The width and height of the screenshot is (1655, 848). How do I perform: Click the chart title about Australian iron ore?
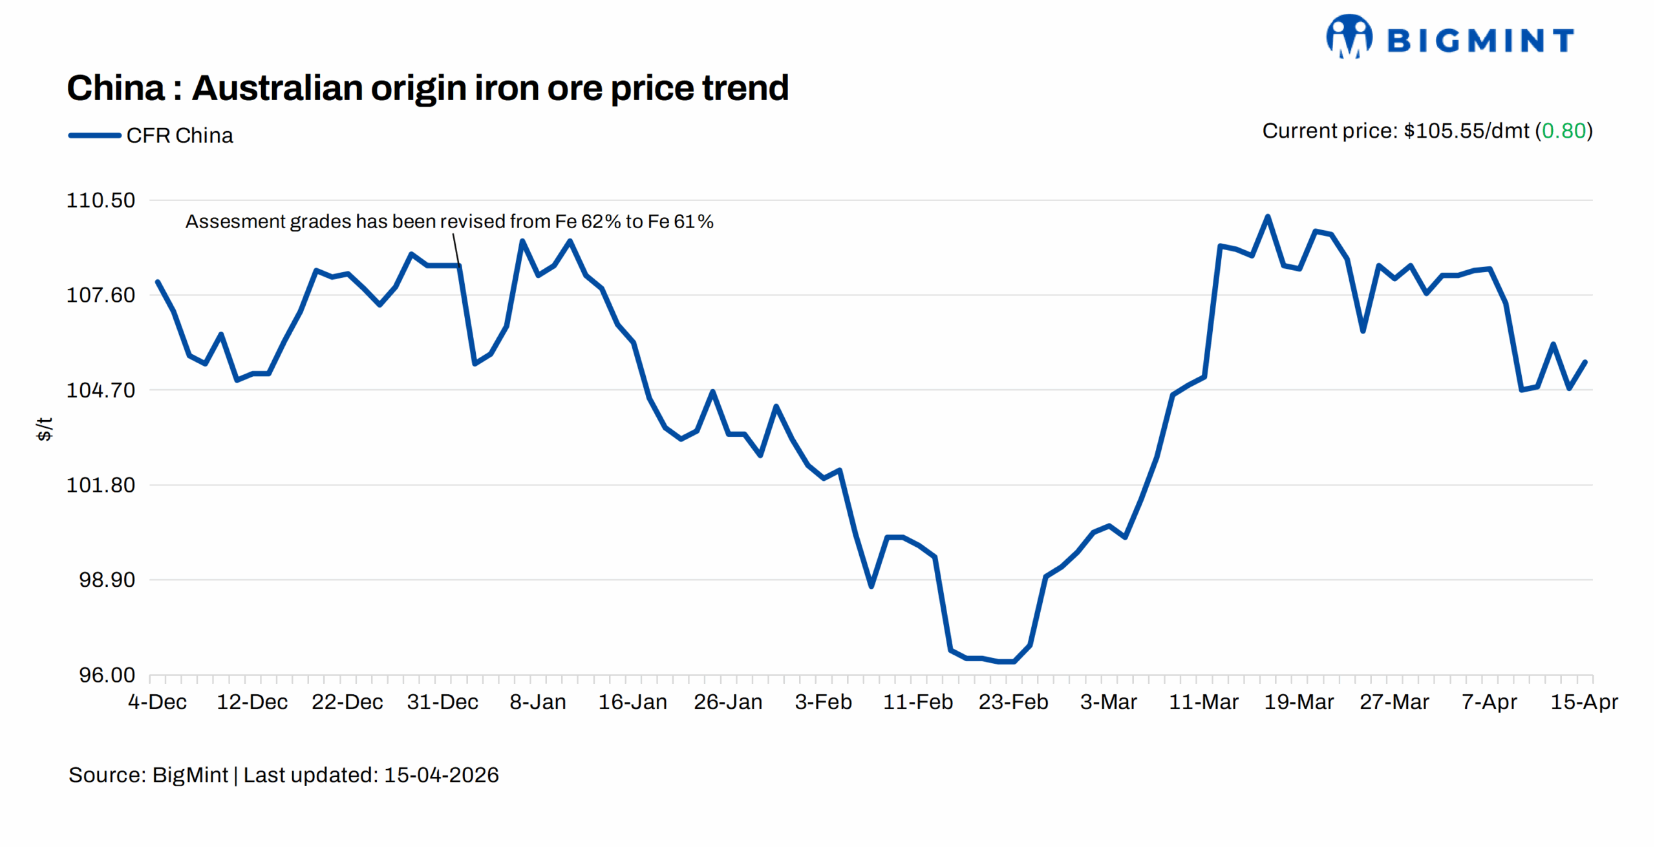click(x=427, y=88)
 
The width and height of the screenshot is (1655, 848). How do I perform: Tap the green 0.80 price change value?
click(x=1563, y=131)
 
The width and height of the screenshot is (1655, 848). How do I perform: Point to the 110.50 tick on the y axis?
click(x=101, y=200)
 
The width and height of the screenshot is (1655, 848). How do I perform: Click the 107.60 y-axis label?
click(x=101, y=295)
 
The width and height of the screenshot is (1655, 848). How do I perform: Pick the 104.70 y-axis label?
click(x=101, y=390)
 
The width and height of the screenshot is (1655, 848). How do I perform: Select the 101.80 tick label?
click(x=101, y=485)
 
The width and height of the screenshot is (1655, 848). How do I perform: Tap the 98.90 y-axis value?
click(x=107, y=580)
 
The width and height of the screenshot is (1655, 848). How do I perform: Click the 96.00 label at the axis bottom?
click(x=107, y=675)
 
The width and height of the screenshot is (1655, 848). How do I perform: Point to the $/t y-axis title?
click(x=44, y=429)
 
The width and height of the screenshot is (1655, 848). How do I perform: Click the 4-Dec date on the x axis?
click(x=157, y=702)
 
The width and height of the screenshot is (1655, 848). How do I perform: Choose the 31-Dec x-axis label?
click(x=442, y=702)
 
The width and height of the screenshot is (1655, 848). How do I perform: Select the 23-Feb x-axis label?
click(x=1013, y=702)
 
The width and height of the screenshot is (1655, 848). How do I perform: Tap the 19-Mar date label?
click(x=1298, y=702)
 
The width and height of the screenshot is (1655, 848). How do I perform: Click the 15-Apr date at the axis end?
click(x=1584, y=702)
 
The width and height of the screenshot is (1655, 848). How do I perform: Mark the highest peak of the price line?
click(x=1267, y=217)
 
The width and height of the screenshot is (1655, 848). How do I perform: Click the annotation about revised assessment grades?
click(x=449, y=222)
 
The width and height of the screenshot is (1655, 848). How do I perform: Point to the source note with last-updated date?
click(x=283, y=775)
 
